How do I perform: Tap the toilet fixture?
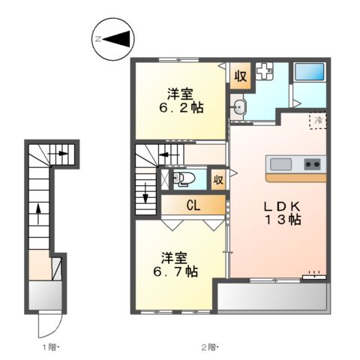(182, 178)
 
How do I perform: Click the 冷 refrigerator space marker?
(318, 120)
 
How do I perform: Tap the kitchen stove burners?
(313, 164)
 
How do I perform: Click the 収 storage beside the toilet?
(217, 179)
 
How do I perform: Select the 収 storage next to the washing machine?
(240, 76)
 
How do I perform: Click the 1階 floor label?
(49, 346)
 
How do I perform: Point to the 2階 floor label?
(208, 346)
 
